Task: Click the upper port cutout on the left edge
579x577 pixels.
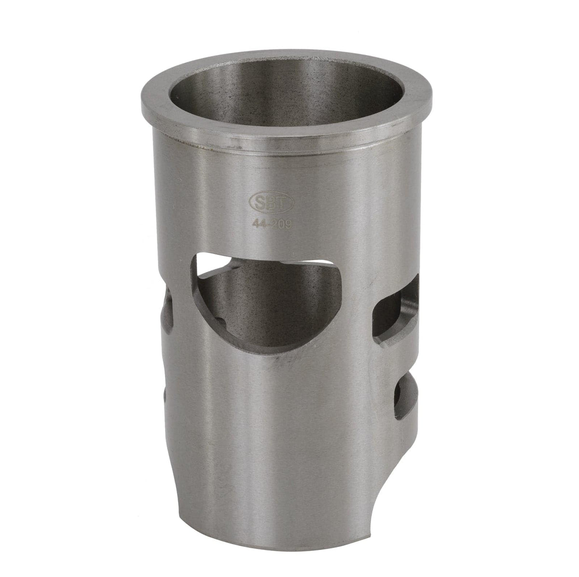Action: (168, 309)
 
